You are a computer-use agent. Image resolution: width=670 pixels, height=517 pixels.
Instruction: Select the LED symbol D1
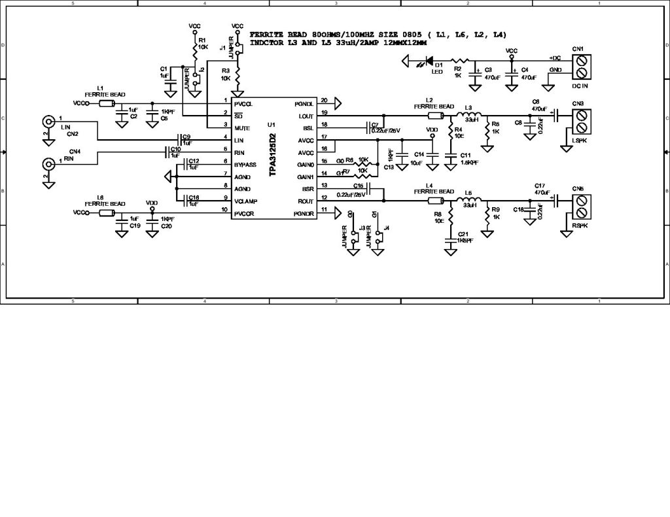429,62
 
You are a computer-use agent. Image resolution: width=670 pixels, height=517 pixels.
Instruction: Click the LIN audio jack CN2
48,122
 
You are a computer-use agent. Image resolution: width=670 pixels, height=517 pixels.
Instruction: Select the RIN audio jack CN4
48,164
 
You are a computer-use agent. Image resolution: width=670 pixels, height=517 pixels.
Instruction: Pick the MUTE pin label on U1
243,128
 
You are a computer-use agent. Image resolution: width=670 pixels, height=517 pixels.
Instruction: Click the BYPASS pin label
245,165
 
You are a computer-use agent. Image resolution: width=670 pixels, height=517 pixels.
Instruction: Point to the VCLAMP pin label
245,201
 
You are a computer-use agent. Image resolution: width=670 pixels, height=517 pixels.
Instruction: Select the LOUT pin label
306,116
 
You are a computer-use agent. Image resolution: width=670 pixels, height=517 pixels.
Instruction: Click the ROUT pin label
306,201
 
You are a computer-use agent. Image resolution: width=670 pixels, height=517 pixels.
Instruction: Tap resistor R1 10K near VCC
195,47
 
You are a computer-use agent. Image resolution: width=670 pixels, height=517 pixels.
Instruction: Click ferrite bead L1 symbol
107,103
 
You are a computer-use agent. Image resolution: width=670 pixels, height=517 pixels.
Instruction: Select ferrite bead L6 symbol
107,212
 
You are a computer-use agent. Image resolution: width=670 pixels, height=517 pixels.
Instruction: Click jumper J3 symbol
354,237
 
